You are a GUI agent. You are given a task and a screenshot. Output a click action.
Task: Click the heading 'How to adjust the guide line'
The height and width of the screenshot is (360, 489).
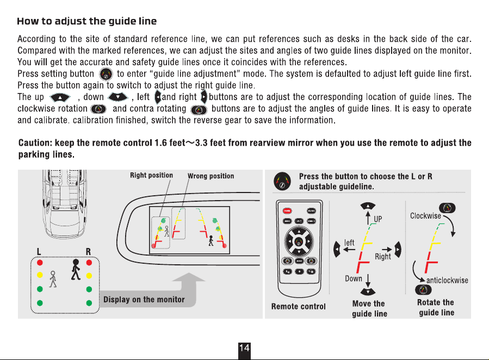86,21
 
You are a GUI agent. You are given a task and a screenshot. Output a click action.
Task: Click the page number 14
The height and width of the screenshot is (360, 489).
244,348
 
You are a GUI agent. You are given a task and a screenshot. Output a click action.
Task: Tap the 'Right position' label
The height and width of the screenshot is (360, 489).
152,175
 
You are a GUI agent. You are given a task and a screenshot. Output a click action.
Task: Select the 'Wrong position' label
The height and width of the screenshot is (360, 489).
211,176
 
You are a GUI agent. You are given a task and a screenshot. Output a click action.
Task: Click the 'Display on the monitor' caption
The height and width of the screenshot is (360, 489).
144,300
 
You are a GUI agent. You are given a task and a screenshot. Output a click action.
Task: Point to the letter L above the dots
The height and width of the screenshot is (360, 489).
39,252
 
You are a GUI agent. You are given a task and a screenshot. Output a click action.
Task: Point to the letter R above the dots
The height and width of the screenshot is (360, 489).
88,252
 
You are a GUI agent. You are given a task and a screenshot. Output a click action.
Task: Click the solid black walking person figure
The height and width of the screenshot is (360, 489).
76,269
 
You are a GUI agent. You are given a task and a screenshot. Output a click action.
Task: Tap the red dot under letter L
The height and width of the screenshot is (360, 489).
40,263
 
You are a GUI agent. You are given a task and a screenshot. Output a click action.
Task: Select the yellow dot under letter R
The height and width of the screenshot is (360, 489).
89,276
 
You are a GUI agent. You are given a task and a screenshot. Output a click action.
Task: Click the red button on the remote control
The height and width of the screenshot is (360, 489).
287,211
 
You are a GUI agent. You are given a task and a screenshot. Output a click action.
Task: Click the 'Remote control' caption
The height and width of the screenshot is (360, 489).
299,307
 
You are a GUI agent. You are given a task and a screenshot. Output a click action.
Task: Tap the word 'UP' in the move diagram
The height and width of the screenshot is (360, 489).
377,219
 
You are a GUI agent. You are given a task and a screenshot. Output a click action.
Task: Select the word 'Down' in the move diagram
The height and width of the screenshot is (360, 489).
354,278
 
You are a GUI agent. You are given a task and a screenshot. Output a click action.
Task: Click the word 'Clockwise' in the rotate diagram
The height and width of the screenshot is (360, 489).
425,216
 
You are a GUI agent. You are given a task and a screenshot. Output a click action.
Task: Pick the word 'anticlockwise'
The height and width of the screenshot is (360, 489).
447,281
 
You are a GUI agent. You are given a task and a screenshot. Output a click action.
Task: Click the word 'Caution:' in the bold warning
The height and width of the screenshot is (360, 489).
35,143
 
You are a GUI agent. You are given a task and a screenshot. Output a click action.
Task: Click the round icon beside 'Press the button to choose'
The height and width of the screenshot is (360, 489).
282,181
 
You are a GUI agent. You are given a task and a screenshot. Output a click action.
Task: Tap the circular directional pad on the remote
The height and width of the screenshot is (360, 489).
299,241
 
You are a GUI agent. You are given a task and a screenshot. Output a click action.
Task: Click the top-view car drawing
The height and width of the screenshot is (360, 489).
64,204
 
